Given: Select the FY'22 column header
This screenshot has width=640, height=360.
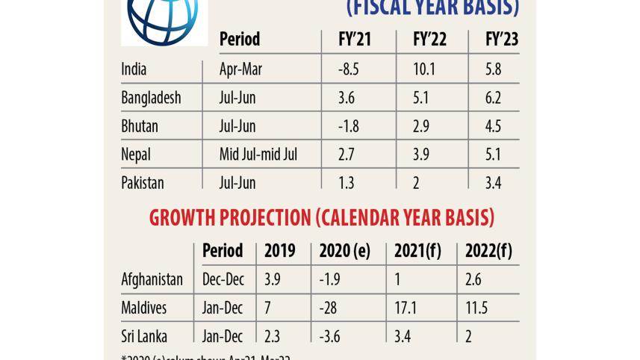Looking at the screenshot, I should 429,40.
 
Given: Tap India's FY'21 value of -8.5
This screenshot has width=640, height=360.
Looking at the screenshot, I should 349,69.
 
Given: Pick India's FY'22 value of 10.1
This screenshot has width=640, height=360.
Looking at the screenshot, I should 423,69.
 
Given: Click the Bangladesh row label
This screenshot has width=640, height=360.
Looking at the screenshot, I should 151,98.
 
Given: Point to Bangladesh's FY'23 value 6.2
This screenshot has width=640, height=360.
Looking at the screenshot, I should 494,98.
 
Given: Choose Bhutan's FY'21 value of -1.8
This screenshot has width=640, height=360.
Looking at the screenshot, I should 349,126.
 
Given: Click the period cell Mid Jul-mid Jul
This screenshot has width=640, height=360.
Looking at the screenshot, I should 258,155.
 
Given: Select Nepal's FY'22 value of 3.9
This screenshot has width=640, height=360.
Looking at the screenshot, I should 422,155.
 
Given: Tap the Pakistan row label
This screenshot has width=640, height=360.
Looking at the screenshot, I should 142,183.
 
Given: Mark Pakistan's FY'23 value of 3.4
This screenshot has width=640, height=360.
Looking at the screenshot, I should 494,183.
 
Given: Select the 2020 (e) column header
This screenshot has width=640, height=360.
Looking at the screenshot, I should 344,251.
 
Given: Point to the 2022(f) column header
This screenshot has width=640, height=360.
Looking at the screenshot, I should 488,251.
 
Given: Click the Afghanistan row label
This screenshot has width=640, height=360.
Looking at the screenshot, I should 152,279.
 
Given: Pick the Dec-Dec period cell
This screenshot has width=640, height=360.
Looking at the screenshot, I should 223,279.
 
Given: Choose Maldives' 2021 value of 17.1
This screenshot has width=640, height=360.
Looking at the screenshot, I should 407,308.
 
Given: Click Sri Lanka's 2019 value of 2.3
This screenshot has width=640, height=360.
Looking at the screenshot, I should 273,336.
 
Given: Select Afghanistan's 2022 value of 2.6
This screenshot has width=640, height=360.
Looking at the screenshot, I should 474,279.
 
